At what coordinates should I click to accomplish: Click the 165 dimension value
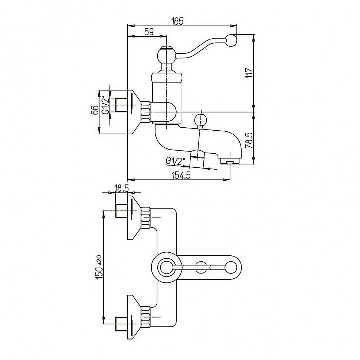pyautogui.click(x=178, y=21)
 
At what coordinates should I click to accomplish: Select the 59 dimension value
pyautogui.click(x=148, y=32)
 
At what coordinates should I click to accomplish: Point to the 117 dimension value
pyautogui.click(x=249, y=72)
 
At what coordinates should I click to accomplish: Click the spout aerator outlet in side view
pyautogui.click(x=229, y=161)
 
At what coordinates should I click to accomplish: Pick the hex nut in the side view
pyautogui.click(x=145, y=111)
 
